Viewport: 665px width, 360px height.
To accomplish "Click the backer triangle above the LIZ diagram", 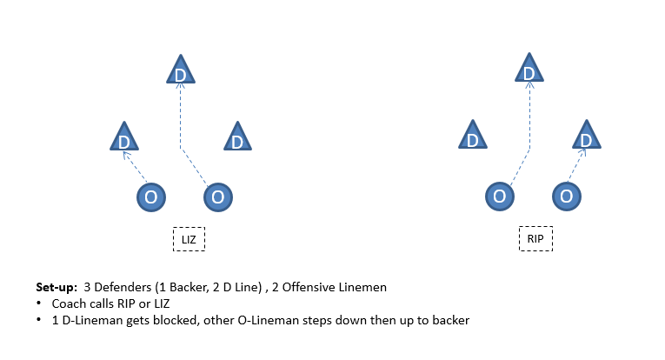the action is click(x=181, y=70).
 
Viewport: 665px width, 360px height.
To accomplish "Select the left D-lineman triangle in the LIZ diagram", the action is click(x=124, y=137).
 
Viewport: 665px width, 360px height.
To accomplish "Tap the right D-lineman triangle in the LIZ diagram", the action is click(x=237, y=137).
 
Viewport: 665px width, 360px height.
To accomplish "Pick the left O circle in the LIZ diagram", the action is click(x=151, y=197).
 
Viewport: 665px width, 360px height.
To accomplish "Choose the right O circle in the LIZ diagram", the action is click(x=218, y=197).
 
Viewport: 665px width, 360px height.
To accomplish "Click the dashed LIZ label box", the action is click(x=189, y=239).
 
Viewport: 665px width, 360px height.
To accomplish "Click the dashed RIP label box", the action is click(x=535, y=239).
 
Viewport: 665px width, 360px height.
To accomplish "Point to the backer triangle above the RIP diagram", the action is click(x=529, y=68).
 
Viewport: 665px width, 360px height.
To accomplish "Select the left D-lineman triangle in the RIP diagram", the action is click(x=473, y=135).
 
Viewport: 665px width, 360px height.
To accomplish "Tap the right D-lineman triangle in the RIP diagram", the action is click(x=587, y=135).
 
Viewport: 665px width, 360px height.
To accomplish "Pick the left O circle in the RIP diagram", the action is click(x=500, y=197).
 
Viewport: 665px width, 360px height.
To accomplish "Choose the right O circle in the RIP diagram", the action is click(x=567, y=197).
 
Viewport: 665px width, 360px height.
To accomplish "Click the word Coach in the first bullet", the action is click(x=65, y=303).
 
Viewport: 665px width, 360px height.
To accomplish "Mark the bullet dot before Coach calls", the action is click(x=39, y=303).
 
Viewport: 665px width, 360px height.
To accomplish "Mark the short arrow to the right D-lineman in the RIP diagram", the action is click(x=577, y=165).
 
